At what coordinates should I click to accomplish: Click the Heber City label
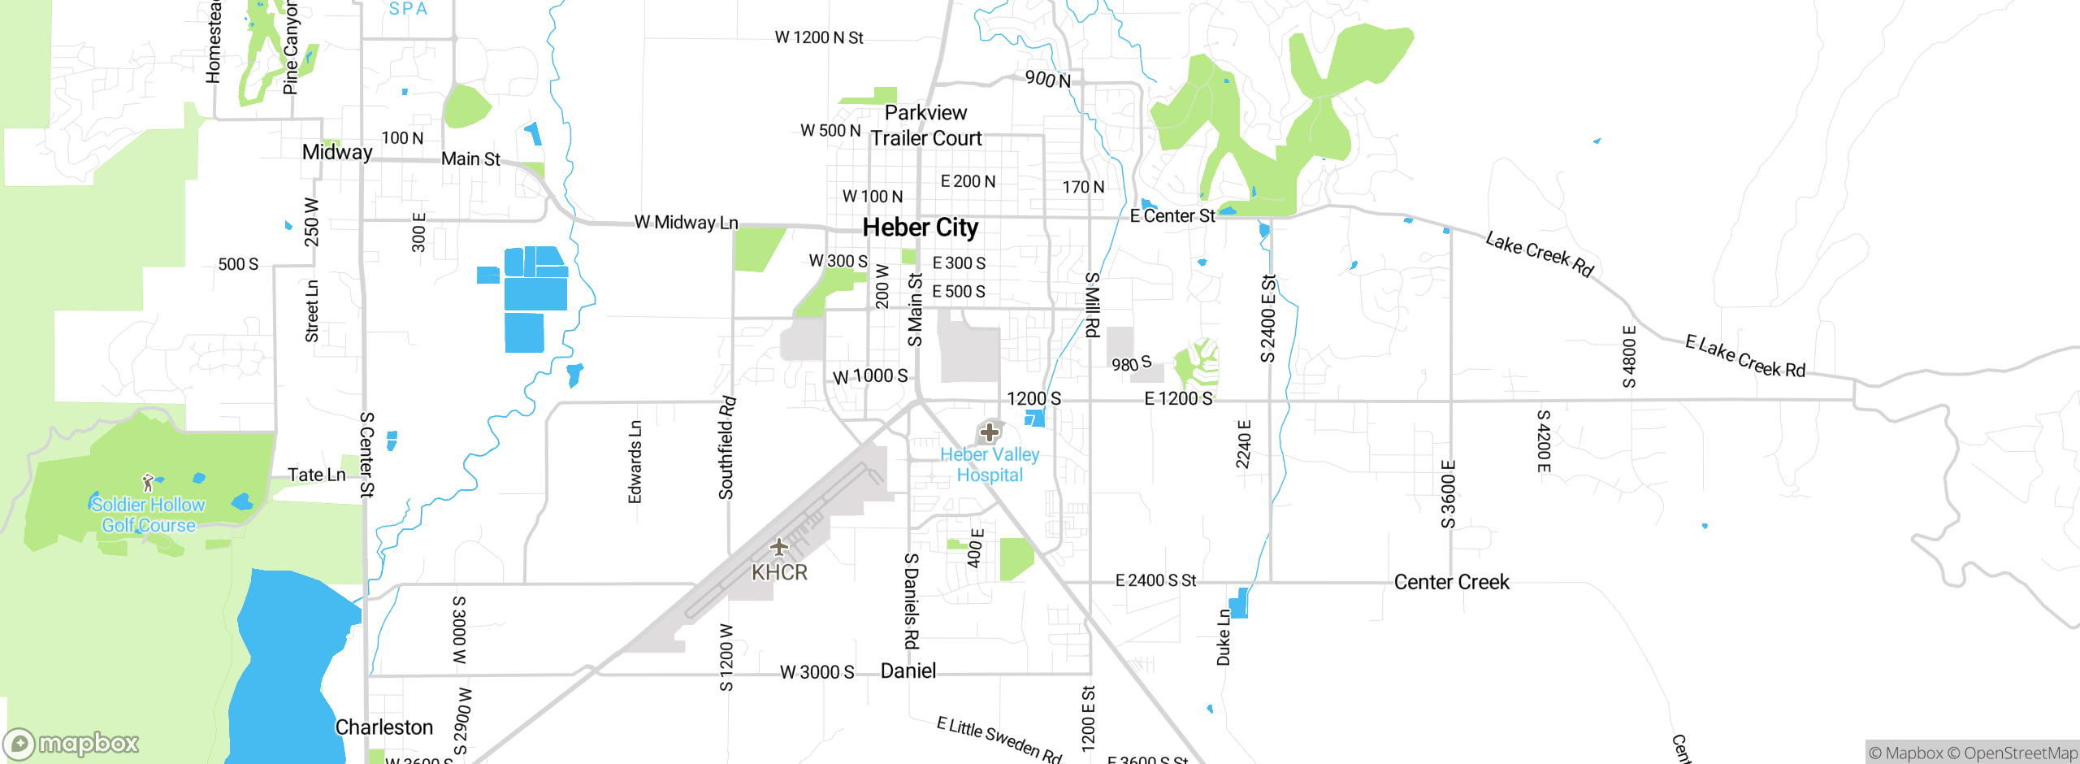(x=920, y=228)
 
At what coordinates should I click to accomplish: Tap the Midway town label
(x=337, y=152)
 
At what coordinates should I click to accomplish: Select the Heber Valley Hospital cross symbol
(x=990, y=432)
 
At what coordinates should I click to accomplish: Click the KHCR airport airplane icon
(x=779, y=546)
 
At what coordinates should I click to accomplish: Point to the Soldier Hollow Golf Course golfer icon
(x=148, y=484)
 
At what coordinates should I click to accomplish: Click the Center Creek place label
(x=1451, y=582)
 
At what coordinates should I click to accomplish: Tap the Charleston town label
(x=384, y=727)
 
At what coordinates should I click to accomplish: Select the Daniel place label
(x=908, y=671)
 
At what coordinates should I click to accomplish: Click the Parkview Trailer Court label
(x=926, y=126)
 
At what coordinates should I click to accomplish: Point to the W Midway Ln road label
(x=686, y=222)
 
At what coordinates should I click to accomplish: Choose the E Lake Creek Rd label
(x=1744, y=357)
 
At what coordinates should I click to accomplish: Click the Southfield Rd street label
(x=726, y=448)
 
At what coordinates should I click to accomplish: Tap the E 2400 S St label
(x=1155, y=580)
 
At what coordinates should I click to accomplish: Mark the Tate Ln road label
(x=316, y=475)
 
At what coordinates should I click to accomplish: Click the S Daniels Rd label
(x=912, y=601)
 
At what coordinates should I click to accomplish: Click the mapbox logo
(x=71, y=744)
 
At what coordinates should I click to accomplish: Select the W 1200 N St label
(x=818, y=37)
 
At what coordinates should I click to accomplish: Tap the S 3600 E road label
(x=1449, y=494)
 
